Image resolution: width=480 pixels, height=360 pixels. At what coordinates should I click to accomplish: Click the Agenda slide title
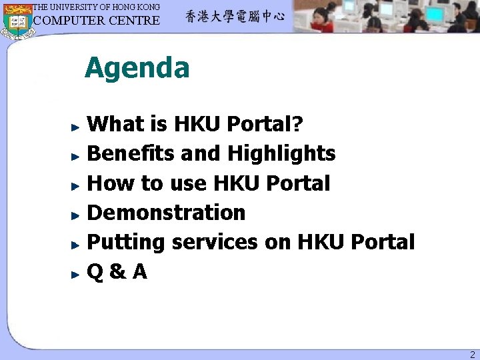(x=137, y=68)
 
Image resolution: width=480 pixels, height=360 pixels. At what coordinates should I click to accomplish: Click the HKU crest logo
(x=17, y=20)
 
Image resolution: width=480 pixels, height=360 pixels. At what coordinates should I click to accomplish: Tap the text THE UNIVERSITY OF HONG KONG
(x=97, y=7)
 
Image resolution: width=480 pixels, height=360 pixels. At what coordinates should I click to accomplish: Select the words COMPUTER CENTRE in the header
(x=97, y=20)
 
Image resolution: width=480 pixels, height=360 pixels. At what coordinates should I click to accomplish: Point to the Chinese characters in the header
(x=235, y=17)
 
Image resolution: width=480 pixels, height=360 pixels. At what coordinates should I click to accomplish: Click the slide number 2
(x=471, y=355)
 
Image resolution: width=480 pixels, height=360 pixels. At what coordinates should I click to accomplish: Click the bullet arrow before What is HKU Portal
(x=77, y=125)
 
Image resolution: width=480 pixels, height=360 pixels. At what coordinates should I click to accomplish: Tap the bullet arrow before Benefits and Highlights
(x=77, y=155)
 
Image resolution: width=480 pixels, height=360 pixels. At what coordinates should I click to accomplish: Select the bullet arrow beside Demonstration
(x=77, y=214)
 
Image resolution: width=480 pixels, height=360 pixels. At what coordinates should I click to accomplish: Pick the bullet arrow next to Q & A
(x=77, y=273)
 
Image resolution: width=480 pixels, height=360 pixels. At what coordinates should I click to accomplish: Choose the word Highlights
(x=281, y=154)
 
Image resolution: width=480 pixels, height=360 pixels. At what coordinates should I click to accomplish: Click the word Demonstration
(x=167, y=213)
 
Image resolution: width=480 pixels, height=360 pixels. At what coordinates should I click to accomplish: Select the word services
(x=214, y=242)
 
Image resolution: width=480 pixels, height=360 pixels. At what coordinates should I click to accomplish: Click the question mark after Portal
(x=298, y=124)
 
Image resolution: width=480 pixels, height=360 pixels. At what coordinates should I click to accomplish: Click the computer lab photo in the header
(x=387, y=17)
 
